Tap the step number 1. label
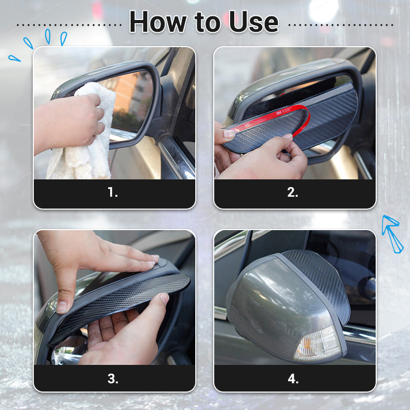[x=113, y=193]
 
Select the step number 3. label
[x=113, y=379]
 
